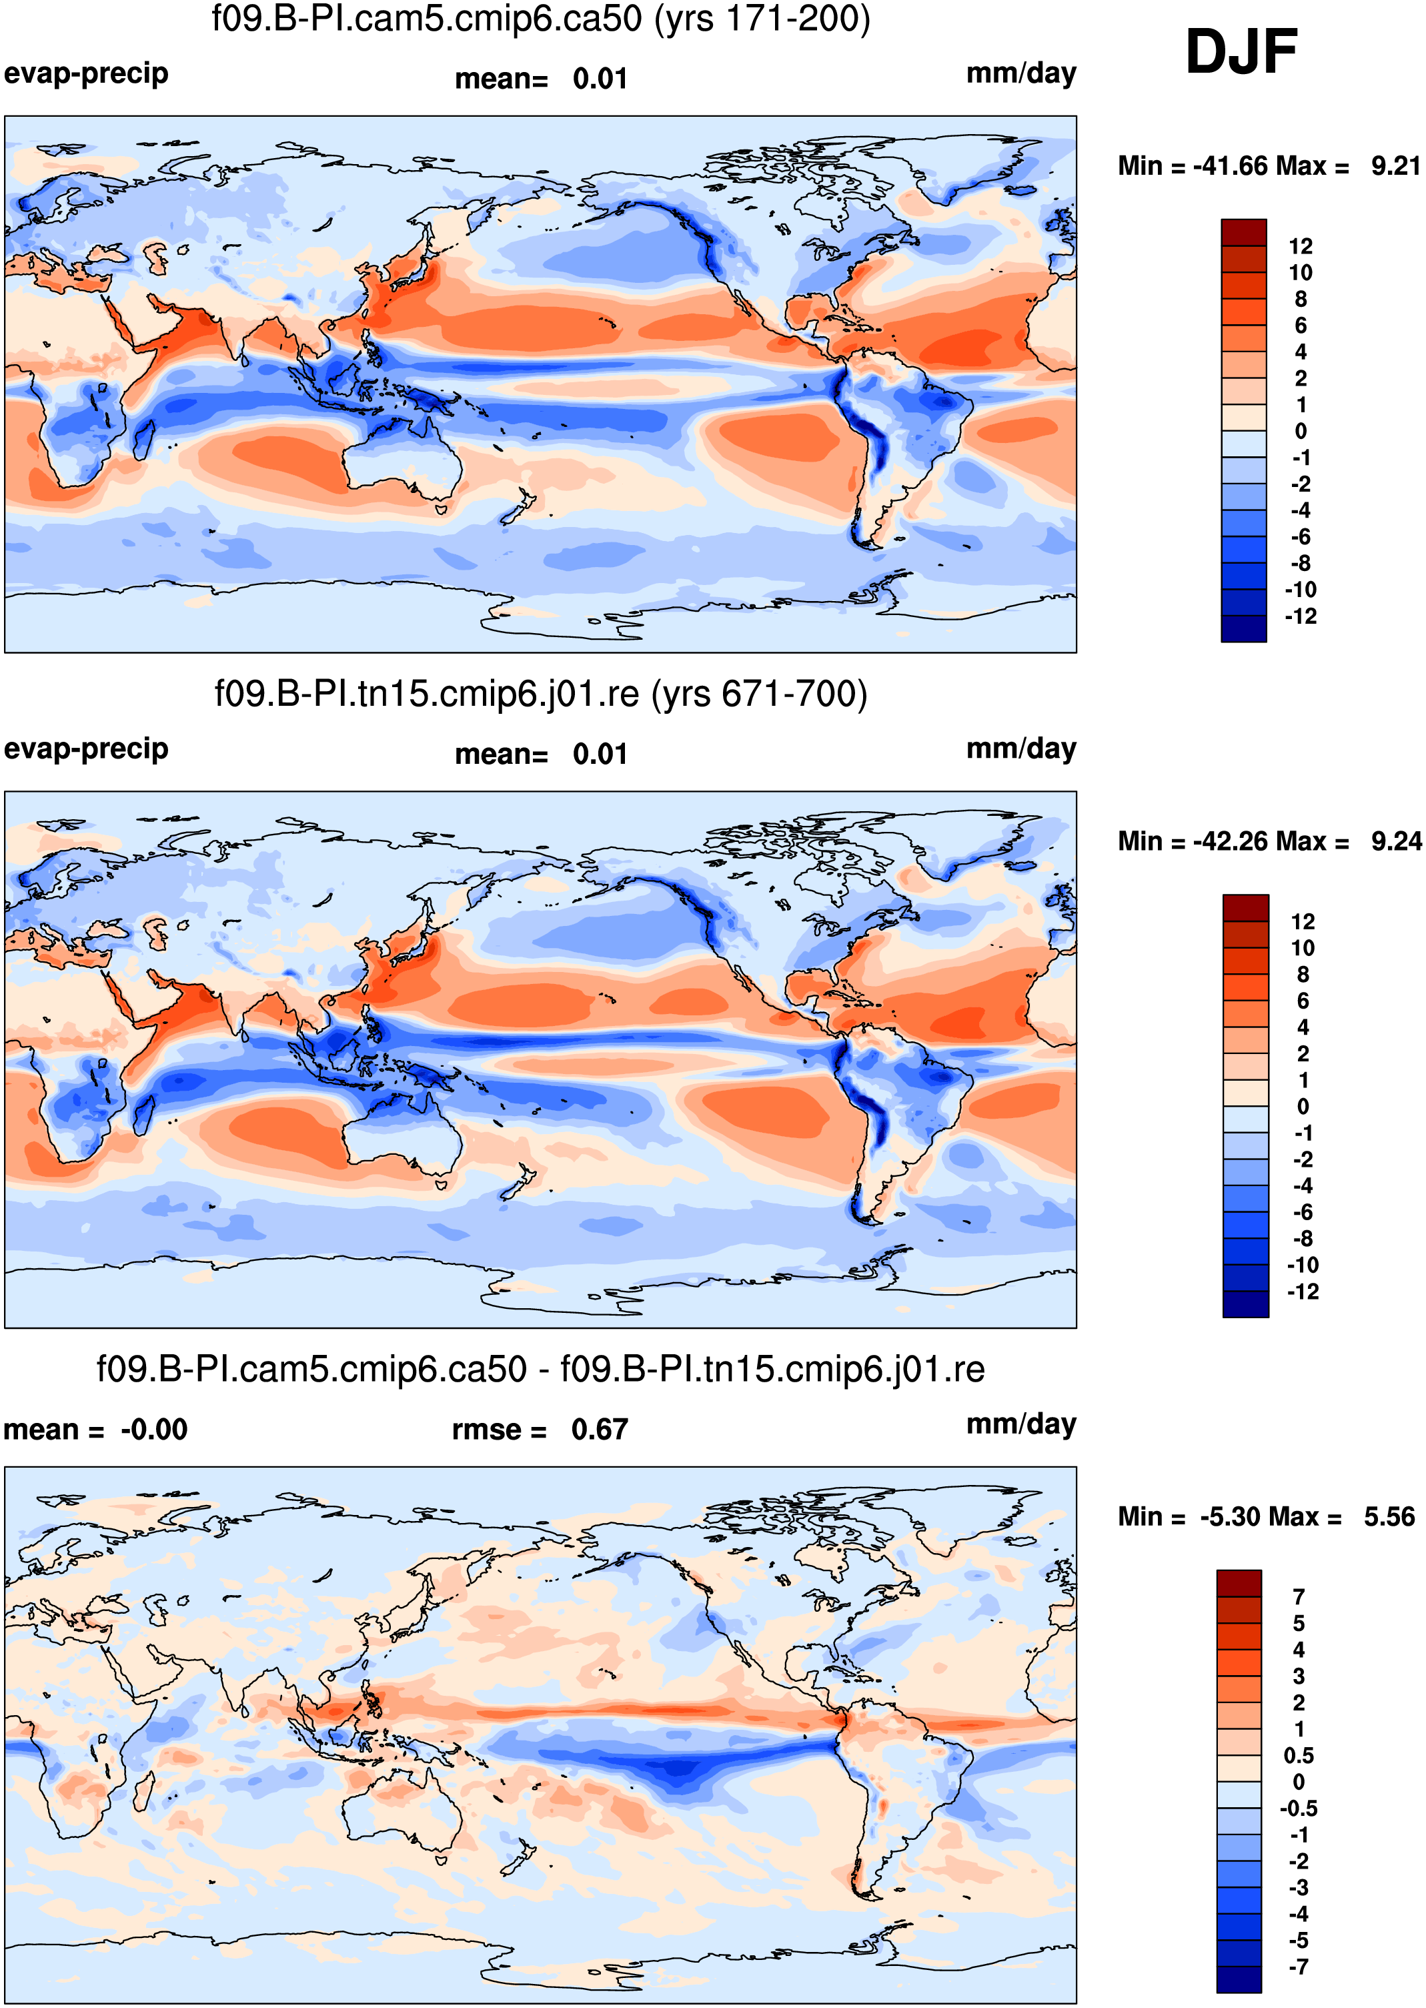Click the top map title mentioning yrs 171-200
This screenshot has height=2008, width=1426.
541,19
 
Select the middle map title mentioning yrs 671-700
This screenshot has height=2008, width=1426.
541,694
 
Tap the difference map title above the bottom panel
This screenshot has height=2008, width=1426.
541,1369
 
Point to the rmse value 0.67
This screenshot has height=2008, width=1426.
599,1430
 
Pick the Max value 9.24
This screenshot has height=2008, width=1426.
1396,841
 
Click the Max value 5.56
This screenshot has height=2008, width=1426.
1389,1516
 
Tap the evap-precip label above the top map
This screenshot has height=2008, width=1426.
86,74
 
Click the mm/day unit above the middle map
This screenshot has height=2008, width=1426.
1021,749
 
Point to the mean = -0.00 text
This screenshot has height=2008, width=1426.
95,1430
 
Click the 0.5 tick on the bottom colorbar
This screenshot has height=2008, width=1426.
1299,1755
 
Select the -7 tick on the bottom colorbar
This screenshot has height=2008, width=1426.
1298,1967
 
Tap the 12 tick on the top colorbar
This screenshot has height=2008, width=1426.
1301,247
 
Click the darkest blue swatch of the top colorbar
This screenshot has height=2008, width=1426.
1243,628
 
